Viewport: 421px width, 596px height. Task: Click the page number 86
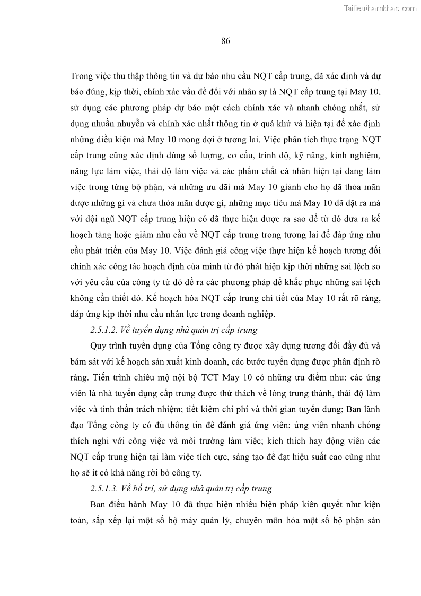(x=225, y=41)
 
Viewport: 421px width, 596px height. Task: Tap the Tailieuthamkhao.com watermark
(x=380, y=8)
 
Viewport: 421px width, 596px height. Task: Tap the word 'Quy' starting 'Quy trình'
(x=99, y=346)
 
